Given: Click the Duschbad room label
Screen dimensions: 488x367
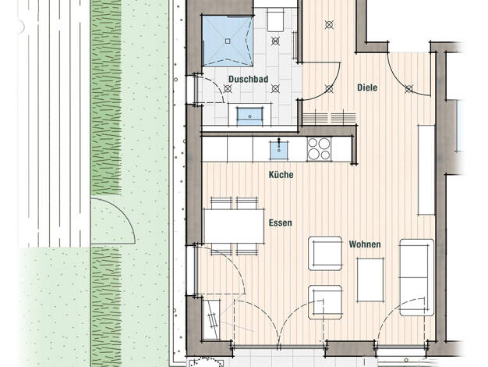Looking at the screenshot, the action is [x=249, y=79].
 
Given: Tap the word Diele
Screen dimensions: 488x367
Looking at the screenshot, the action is [x=367, y=87].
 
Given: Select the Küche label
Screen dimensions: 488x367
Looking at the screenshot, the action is [x=281, y=175].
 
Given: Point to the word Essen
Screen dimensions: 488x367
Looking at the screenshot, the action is [x=281, y=223].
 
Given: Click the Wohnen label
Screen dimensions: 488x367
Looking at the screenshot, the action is [x=365, y=244].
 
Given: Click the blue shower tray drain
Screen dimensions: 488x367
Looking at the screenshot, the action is [x=228, y=41].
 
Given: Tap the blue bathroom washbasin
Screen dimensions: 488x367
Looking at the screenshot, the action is [x=249, y=116].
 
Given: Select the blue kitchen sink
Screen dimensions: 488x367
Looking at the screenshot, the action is [x=278, y=150].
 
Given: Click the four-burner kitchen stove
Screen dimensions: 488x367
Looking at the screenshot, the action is [x=319, y=149].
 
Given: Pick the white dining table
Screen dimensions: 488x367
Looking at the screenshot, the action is [x=234, y=226].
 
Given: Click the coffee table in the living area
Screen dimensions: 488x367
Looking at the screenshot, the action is [x=370, y=280].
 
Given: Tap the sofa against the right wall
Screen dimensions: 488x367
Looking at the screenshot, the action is [x=417, y=277].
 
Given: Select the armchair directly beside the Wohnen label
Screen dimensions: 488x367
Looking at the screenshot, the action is [x=325, y=253].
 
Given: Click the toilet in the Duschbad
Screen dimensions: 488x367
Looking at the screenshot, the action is [x=275, y=20].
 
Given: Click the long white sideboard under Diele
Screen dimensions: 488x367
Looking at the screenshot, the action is [x=426, y=170].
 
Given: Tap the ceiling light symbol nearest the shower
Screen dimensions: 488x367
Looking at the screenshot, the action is [x=275, y=41].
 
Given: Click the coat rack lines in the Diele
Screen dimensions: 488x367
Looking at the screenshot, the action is [x=329, y=118].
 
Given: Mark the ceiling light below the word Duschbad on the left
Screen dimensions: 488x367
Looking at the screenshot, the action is [x=228, y=89].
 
